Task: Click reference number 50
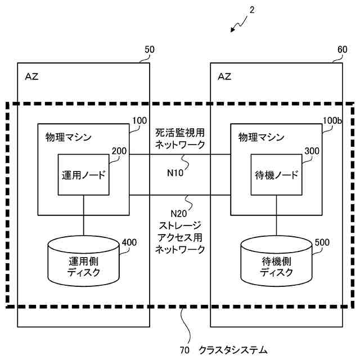pos(149,50)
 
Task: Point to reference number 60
pos(342,50)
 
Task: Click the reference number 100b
pos(331,121)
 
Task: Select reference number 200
pos(119,151)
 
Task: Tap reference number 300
pos(312,151)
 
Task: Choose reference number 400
pos(129,243)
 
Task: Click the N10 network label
pos(175,173)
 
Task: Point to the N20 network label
pos(178,213)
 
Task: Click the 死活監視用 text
pos(180,133)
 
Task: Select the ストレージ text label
pos(180,226)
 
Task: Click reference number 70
pos(184,350)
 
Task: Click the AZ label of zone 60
pos(224,76)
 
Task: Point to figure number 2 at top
pos(252,10)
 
